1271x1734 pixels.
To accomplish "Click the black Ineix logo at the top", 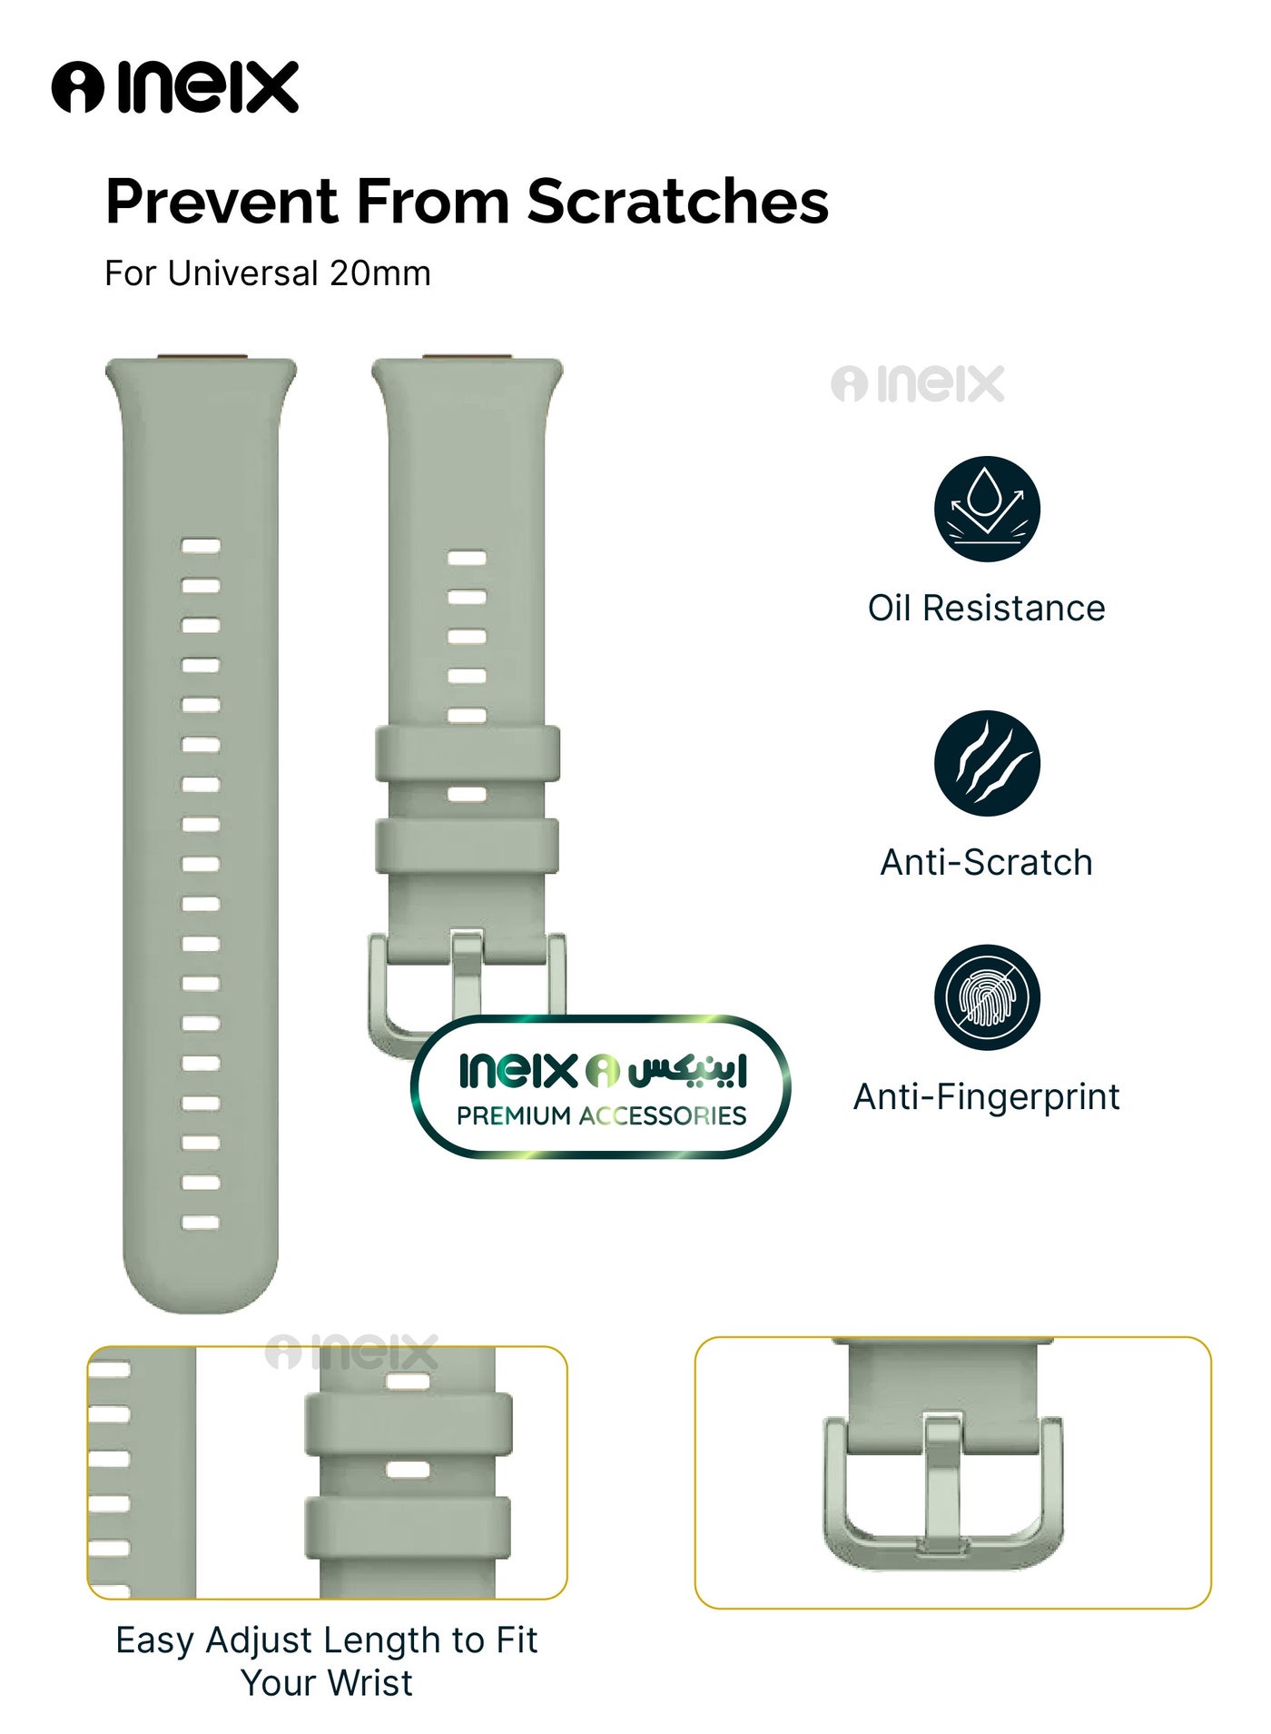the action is coord(174,87).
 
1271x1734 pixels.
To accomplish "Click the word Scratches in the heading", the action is coord(677,201).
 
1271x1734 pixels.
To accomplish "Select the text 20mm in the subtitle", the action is coord(379,273).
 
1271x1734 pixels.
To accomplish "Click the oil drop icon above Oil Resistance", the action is coord(987,509).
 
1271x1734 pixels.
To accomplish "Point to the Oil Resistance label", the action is coord(987,608).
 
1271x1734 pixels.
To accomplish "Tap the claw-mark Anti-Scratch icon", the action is coord(987,763).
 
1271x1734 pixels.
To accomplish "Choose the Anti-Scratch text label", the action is coord(987,862).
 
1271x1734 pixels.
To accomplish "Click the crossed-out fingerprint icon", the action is coord(987,997).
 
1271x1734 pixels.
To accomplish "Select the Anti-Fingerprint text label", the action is coord(987,1097).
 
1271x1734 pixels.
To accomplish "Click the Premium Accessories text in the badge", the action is coord(601,1115).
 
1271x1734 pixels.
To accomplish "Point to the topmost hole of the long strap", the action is coord(201,546).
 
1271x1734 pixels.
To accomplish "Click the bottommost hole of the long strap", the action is coord(201,1222).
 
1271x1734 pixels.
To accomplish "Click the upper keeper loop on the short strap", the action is coord(468,753).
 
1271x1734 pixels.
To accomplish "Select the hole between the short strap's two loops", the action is coord(467,795).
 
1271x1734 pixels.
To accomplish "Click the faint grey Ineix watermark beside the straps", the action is coord(918,383).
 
